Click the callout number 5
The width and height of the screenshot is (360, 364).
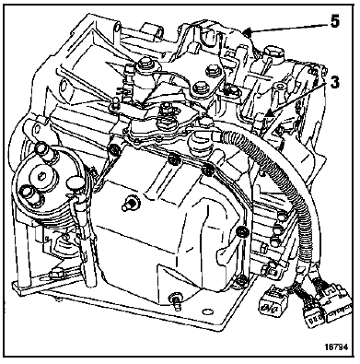(x=334, y=22)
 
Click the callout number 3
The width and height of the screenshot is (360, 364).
(x=334, y=82)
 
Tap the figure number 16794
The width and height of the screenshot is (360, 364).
(x=336, y=347)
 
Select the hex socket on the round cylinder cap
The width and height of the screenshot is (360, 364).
(x=41, y=176)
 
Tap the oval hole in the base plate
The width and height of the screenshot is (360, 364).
(x=208, y=311)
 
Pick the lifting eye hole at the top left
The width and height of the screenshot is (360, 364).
(x=117, y=29)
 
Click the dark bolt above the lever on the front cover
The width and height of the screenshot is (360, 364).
(x=243, y=232)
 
